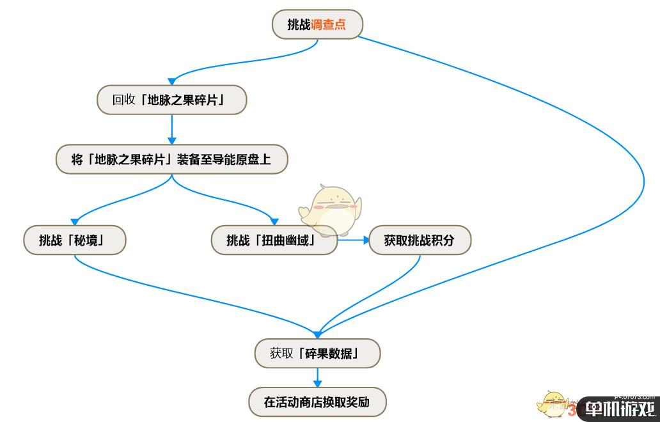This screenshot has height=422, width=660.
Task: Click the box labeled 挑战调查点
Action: tap(317, 24)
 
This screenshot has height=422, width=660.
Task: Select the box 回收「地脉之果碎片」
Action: tap(171, 100)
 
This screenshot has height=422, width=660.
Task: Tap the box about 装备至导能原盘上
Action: tap(171, 159)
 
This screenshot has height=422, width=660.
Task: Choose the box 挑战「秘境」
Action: tap(74, 240)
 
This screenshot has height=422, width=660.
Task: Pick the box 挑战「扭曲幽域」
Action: tap(274, 240)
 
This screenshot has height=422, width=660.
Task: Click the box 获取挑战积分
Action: tap(420, 240)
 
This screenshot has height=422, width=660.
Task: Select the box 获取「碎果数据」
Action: tap(317, 353)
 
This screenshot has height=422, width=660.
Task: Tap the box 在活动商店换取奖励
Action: tap(317, 402)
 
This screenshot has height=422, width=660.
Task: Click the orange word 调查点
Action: tap(329, 24)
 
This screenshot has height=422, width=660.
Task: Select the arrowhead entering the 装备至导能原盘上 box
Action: tap(171, 142)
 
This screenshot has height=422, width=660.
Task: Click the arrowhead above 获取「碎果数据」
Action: tap(317, 334)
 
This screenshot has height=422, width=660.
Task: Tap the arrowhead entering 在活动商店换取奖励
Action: tap(317, 384)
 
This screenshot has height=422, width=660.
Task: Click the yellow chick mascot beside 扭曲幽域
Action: tap(331, 208)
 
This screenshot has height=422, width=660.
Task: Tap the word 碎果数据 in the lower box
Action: tap(330, 353)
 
